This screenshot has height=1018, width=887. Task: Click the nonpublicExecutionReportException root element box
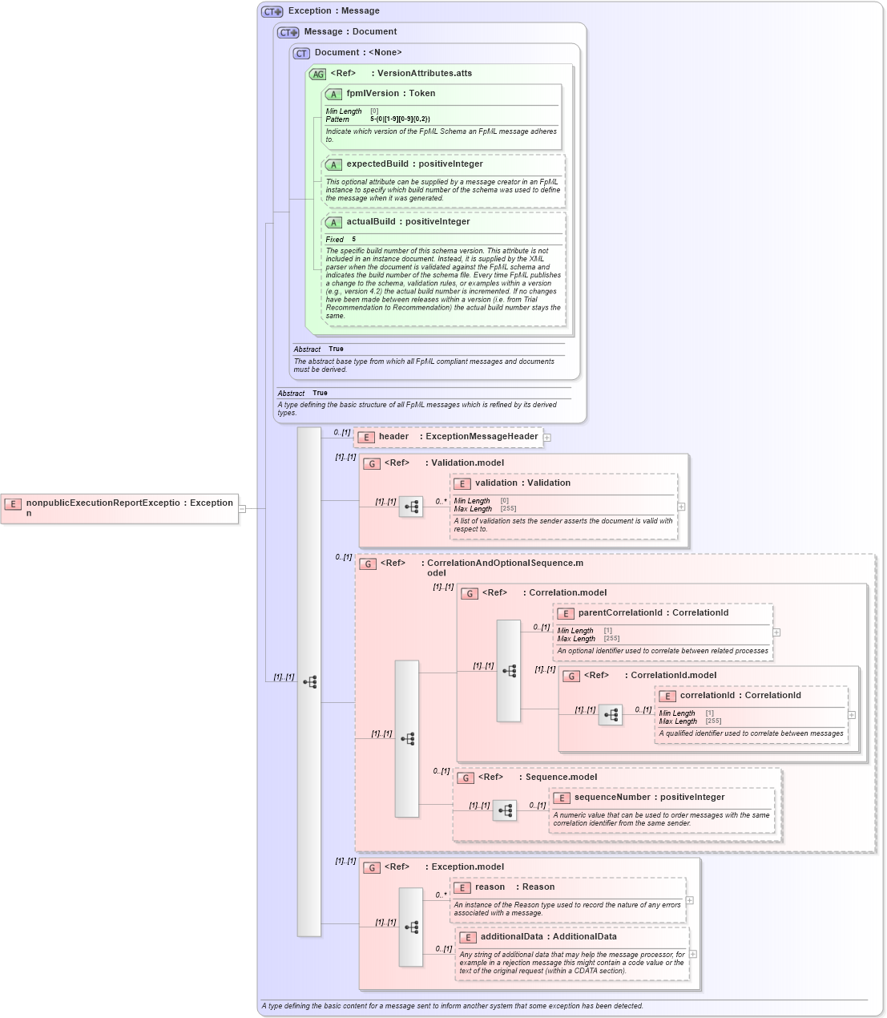coord(120,508)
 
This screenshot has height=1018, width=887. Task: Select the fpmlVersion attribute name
coord(372,94)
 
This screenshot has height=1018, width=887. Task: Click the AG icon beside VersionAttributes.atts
coord(318,75)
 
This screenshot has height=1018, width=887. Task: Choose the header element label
coord(393,437)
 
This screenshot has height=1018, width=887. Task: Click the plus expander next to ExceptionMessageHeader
coord(547,438)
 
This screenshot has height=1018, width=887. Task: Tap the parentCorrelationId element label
coord(619,613)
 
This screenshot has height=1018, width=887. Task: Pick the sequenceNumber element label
coord(612,798)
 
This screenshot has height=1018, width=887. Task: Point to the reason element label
coord(490,887)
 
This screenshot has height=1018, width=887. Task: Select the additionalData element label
coord(511,937)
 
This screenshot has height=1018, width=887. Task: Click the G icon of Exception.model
coord(372,867)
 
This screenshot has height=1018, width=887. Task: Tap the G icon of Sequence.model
coord(466,778)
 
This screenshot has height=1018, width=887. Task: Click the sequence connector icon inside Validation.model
coord(411,507)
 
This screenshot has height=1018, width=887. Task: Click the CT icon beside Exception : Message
coord(272,12)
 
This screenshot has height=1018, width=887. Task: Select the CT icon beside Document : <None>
coord(301,54)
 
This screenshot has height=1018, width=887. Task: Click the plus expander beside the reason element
coord(689,900)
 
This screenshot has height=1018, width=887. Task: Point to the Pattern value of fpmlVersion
coord(400,119)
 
